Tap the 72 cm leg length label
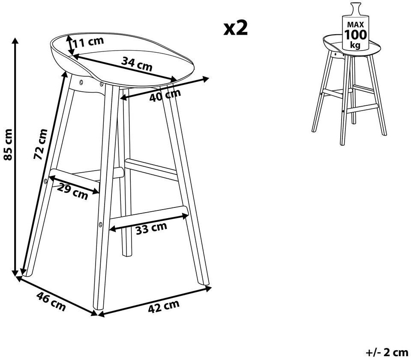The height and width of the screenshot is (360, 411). (x=41, y=144)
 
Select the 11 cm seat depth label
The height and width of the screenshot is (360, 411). (x=88, y=42)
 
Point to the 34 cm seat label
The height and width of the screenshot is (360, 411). (x=137, y=64)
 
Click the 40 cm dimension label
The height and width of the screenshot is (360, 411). (x=165, y=95)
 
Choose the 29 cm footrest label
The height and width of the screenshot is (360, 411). (x=72, y=192)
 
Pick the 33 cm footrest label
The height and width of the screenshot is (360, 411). (x=151, y=228)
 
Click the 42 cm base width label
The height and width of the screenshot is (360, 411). (x=164, y=306)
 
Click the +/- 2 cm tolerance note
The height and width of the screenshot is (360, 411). (x=387, y=352)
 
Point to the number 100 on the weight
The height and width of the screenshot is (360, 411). (x=355, y=35)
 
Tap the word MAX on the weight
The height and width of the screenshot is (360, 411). (x=356, y=25)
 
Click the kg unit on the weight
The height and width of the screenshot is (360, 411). (x=355, y=45)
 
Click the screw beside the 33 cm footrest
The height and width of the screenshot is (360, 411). (x=100, y=224)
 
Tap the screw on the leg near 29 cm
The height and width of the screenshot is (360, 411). (x=46, y=181)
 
